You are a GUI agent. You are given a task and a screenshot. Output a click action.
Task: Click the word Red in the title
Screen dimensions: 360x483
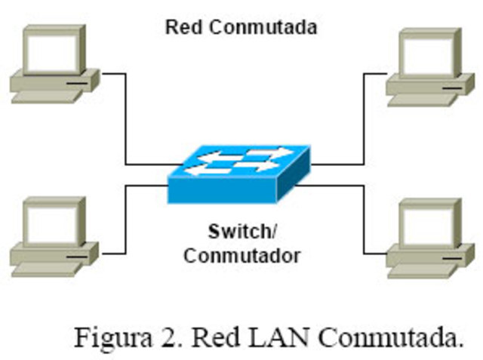181,29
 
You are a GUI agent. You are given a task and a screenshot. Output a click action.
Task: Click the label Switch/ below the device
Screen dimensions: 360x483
241,231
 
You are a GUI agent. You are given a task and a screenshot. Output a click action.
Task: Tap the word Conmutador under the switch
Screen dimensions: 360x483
241,255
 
